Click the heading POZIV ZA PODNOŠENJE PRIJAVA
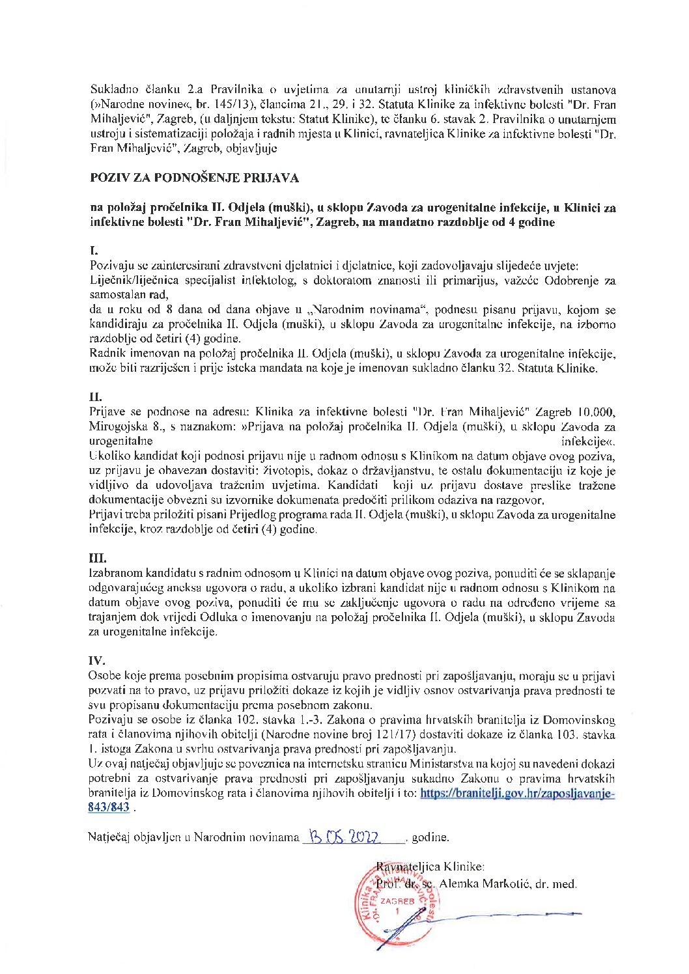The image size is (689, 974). pyautogui.click(x=193, y=176)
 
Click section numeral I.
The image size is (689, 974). pyautogui.click(x=93, y=250)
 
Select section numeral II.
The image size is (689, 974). pyautogui.click(x=95, y=397)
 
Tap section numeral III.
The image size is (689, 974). pyautogui.click(x=98, y=559)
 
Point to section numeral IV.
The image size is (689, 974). pyautogui.click(x=96, y=660)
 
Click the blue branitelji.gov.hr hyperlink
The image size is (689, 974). pyautogui.click(x=518, y=794)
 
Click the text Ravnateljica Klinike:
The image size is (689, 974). pyautogui.click(x=430, y=867)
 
